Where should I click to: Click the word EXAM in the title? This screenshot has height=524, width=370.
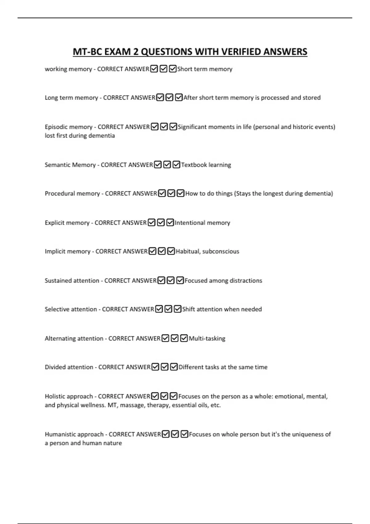pyautogui.click(x=117, y=52)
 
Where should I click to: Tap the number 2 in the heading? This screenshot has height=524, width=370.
pyautogui.click(x=136, y=52)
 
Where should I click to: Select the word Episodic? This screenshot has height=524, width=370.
pyautogui.click(x=55, y=127)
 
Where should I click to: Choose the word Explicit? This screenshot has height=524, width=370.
pyautogui.click(x=54, y=223)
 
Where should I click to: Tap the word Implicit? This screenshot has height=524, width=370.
pyautogui.click(x=55, y=252)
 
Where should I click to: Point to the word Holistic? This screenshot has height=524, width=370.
pyautogui.click(x=55, y=396)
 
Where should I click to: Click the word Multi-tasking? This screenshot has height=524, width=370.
pyautogui.click(x=207, y=338)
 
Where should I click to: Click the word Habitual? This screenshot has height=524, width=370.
pyautogui.click(x=187, y=252)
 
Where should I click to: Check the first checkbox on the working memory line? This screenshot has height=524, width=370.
pyautogui.click(x=154, y=69)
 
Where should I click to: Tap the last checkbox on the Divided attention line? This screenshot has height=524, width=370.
pyautogui.click(x=174, y=367)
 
